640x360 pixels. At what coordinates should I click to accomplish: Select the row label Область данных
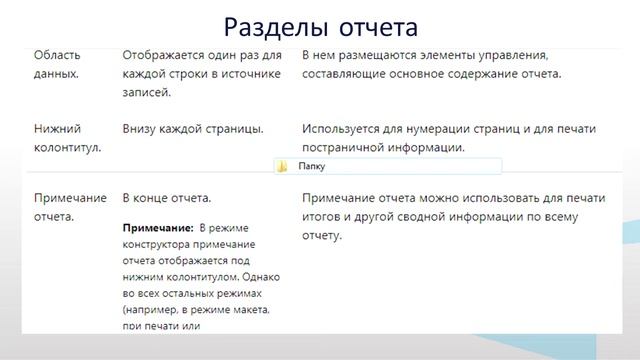pyautogui.click(x=58, y=65)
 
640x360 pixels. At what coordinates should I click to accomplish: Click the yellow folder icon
pyautogui.click(x=283, y=167)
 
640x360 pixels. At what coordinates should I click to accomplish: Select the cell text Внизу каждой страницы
pyautogui.click(x=193, y=129)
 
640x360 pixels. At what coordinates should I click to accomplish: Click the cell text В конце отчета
pyautogui.click(x=166, y=198)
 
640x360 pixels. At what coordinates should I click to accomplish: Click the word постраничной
pyautogui.click(x=345, y=148)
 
